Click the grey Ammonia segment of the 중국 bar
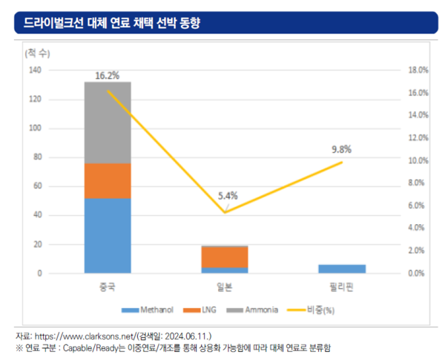click(x=108, y=122)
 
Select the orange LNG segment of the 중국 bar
click(x=108, y=180)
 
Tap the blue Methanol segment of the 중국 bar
click(x=108, y=235)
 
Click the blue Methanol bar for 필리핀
click(x=342, y=269)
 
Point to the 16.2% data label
click(x=108, y=75)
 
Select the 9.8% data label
click(x=342, y=148)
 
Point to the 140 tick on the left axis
click(x=35, y=70)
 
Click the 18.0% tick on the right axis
click(x=419, y=70)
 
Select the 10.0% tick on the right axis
click(x=419, y=160)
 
